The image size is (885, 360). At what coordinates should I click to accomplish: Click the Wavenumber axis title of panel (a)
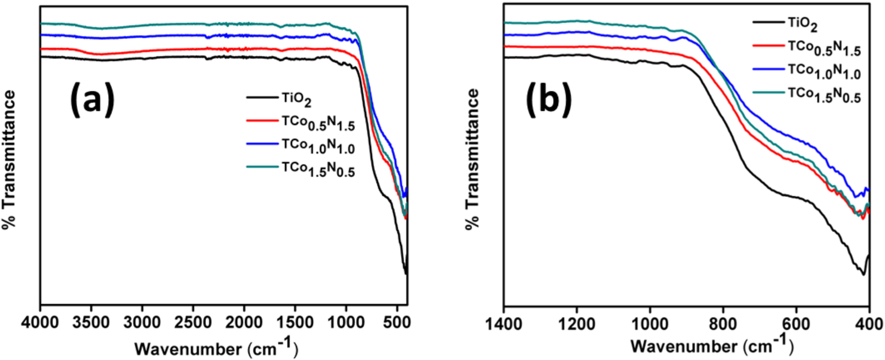(215, 348)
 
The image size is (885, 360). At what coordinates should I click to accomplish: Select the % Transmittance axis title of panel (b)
(472, 159)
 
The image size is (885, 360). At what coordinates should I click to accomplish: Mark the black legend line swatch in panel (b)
(767, 22)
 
